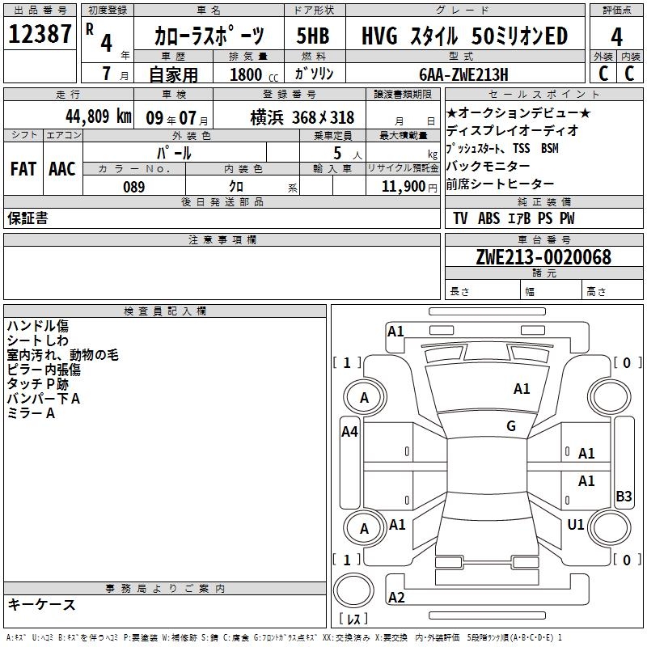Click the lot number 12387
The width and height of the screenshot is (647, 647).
click(x=42, y=35)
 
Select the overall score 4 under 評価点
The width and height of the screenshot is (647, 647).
click(x=616, y=36)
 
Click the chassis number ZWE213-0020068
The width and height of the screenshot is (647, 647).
click(x=543, y=257)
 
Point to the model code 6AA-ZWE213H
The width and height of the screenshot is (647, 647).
click(x=465, y=74)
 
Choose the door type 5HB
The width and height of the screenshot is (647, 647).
click(x=313, y=36)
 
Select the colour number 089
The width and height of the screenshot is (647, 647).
click(x=133, y=187)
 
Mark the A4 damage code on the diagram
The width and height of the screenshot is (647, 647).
click(x=349, y=432)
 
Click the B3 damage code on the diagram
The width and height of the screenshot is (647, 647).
click(x=624, y=497)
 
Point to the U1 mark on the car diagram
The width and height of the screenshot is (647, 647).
click(x=576, y=525)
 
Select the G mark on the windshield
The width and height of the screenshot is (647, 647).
click(x=511, y=426)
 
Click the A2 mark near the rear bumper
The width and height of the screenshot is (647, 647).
click(x=396, y=598)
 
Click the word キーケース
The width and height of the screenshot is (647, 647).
click(x=41, y=604)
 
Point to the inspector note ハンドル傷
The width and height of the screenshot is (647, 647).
click(x=37, y=325)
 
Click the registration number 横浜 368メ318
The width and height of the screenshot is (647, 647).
click(x=290, y=117)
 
